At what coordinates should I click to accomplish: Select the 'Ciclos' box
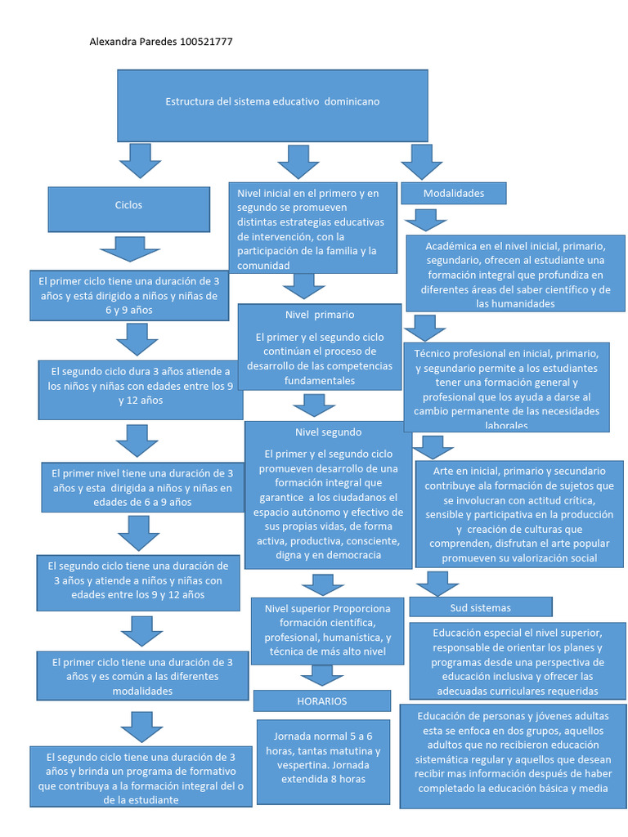pyautogui.click(x=128, y=208)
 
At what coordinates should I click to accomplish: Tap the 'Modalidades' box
pyautogui.click(x=454, y=194)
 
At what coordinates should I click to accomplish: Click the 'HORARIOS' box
pyautogui.click(x=321, y=701)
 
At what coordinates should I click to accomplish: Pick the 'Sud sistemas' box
pyautogui.click(x=480, y=608)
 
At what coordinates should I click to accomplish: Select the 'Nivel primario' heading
pyautogui.click(x=320, y=315)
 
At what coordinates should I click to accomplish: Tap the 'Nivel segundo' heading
pyautogui.click(x=328, y=432)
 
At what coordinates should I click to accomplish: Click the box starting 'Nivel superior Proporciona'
pyautogui.click(x=328, y=630)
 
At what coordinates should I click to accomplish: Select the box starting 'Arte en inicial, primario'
pyautogui.click(x=519, y=515)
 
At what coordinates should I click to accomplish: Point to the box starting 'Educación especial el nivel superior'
pyautogui.click(x=518, y=661)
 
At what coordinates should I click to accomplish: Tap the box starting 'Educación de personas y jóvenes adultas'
pyautogui.click(x=513, y=753)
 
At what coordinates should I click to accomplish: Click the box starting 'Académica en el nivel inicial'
pyautogui.click(x=515, y=274)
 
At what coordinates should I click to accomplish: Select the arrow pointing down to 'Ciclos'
pyautogui.click(x=140, y=161)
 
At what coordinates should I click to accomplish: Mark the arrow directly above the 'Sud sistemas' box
pyautogui.click(x=437, y=583)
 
